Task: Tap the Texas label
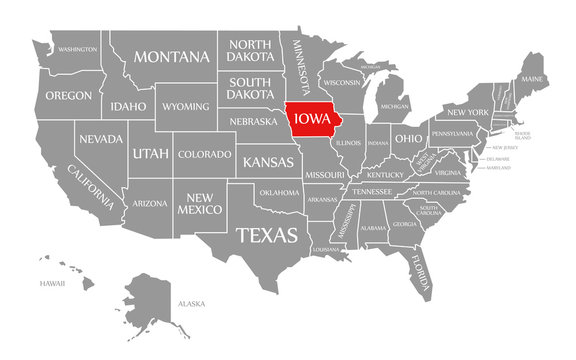[265, 235]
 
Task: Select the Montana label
[172, 57]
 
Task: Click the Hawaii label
[53, 283]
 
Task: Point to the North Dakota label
[251, 50]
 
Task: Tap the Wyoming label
[186, 106]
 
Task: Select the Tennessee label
[372, 191]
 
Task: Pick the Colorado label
[205, 154]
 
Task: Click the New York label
[467, 111]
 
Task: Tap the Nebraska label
[254, 122]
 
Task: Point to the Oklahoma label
[279, 192]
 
